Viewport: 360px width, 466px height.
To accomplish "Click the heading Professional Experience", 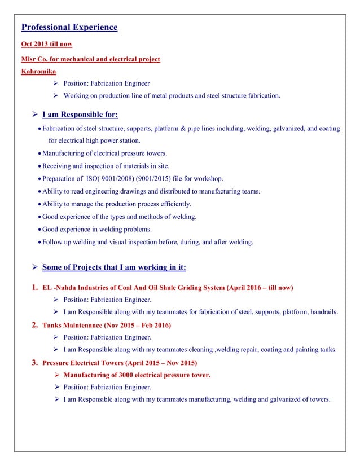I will click(69, 27).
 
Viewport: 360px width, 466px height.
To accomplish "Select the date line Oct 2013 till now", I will click(46, 44).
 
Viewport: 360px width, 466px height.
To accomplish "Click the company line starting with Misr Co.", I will click(90, 59).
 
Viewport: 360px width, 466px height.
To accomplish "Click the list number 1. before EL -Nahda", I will click(33, 288).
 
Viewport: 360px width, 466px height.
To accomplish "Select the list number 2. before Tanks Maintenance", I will click(33, 325).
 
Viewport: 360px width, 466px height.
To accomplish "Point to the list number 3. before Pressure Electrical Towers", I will click(33, 362).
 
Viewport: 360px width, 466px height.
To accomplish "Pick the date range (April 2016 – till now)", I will click(260, 288).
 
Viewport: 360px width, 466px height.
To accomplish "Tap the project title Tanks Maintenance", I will click(70, 326).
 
